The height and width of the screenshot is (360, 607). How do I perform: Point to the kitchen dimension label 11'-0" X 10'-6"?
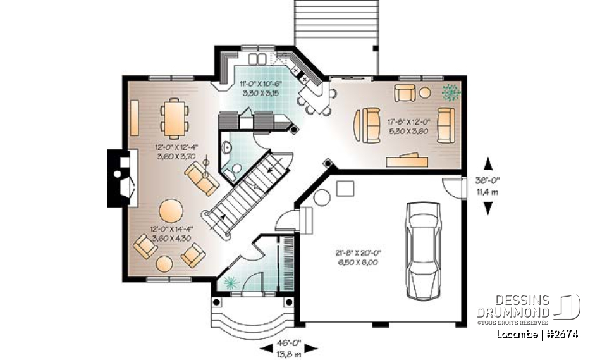[262, 87]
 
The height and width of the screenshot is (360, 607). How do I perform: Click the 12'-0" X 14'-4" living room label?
[171, 234]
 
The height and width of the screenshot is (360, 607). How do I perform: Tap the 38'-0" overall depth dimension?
[487, 187]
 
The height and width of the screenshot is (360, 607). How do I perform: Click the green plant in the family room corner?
[450, 93]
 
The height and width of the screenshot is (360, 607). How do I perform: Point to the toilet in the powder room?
[235, 168]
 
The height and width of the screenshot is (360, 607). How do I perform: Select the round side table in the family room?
[425, 93]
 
